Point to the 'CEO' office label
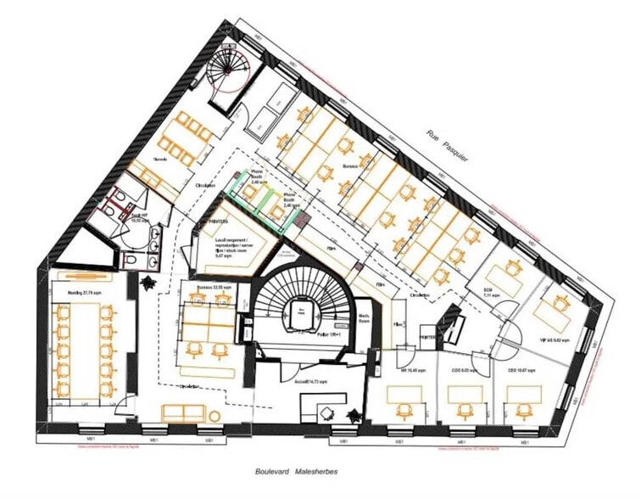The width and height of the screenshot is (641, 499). [x=519, y=372]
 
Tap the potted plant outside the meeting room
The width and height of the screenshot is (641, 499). [x=149, y=283]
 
